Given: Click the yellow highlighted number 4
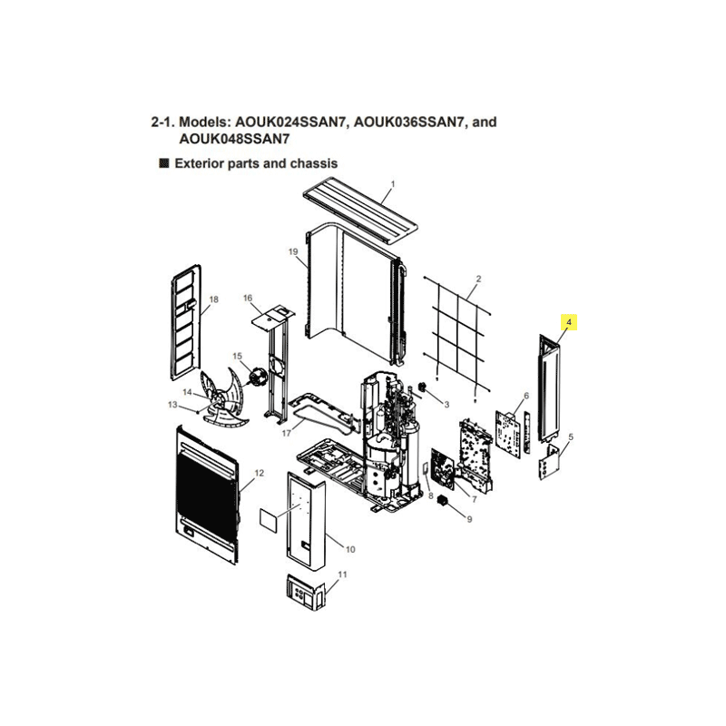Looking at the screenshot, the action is pyautogui.click(x=569, y=322).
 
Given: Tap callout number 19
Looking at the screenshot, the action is pyautogui.click(x=293, y=251).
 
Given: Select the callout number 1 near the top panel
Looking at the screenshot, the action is pyautogui.click(x=393, y=184).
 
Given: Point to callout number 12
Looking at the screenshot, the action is pyautogui.click(x=260, y=473).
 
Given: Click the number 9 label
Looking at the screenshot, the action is pyautogui.click(x=469, y=519).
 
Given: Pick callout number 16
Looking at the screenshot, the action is pyautogui.click(x=248, y=298).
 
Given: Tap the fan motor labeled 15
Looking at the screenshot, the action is pyautogui.click(x=256, y=375).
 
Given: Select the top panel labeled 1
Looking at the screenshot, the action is pyautogui.click(x=359, y=211).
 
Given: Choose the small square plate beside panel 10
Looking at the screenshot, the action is pyautogui.click(x=268, y=520).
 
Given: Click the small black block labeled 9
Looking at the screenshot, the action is pyautogui.click(x=444, y=501).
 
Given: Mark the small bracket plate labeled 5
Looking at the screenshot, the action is pyautogui.click(x=550, y=462).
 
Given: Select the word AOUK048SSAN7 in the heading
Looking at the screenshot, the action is pyautogui.click(x=234, y=139).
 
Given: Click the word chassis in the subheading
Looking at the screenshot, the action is pyautogui.click(x=314, y=163).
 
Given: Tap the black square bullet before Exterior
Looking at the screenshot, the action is pyautogui.click(x=164, y=163).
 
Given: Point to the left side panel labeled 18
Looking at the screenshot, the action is pyautogui.click(x=187, y=323).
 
